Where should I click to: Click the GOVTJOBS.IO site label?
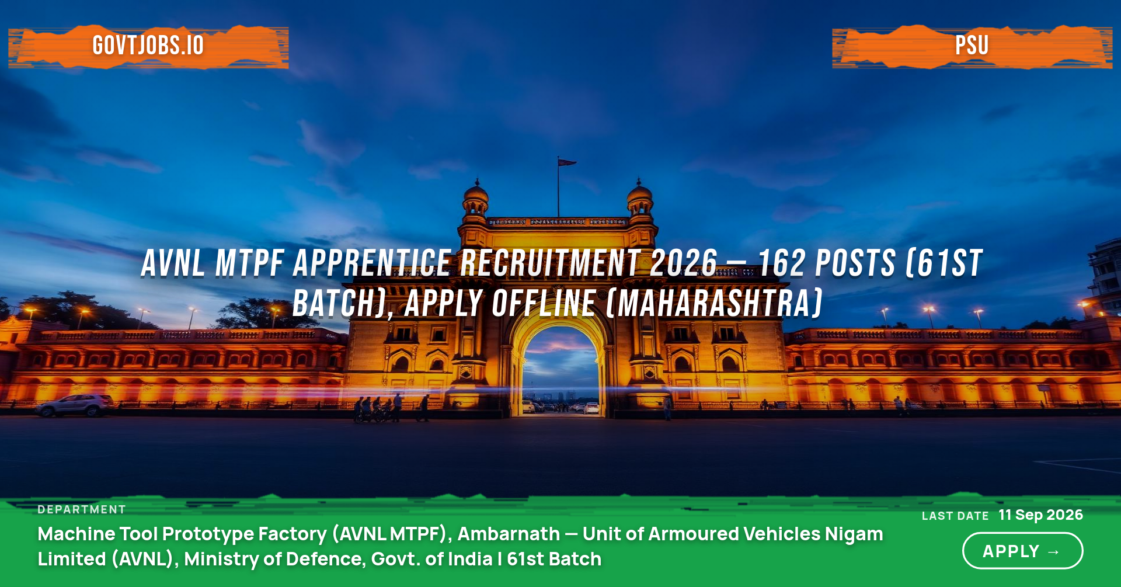tap(148, 46)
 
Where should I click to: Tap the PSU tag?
tap(972, 46)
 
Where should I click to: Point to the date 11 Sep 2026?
tap(1040, 515)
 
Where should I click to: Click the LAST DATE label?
tap(955, 516)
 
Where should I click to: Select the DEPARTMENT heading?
tap(82, 509)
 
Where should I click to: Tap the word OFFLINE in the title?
tap(544, 303)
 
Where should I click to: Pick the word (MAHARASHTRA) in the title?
tap(715, 303)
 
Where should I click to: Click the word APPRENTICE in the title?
tap(372, 263)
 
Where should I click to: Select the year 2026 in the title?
tap(683, 263)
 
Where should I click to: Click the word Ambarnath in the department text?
tap(509, 534)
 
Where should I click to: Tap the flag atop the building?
tap(566, 162)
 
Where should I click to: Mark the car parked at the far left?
tap(75, 405)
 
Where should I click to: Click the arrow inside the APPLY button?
tap(1054, 552)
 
